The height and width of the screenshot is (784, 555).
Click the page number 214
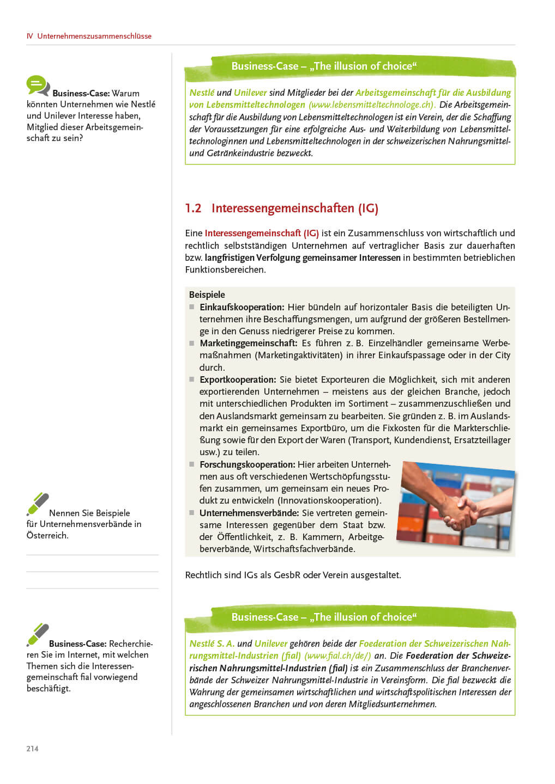[x=32, y=749]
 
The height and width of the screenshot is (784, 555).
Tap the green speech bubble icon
[x=37, y=85]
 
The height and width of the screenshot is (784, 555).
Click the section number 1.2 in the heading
[x=193, y=208]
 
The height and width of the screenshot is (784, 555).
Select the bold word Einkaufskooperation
[x=242, y=307]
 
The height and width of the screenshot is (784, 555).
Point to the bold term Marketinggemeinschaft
[x=248, y=343]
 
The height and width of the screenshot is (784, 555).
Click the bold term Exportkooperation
[x=238, y=379]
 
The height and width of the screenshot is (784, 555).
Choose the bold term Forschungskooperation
[x=247, y=464]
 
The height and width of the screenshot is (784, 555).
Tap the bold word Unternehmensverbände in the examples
[x=249, y=513]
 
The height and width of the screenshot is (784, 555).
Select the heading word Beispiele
[x=207, y=295]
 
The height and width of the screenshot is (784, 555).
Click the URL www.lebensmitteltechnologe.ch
[x=371, y=105]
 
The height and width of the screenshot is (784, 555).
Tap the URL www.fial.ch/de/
[x=337, y=656]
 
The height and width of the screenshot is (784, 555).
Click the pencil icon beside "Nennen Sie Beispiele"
[x=38, y=504]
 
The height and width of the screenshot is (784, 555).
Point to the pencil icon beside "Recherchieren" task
[x=38, y=634]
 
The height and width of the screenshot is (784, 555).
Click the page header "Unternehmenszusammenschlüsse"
[x=94, y=36]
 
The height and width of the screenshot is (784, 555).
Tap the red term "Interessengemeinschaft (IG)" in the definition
[x=262, y=233]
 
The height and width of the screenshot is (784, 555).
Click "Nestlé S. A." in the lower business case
[x=212, y=644]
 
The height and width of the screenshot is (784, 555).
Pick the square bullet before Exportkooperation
[x=192, y=379]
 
